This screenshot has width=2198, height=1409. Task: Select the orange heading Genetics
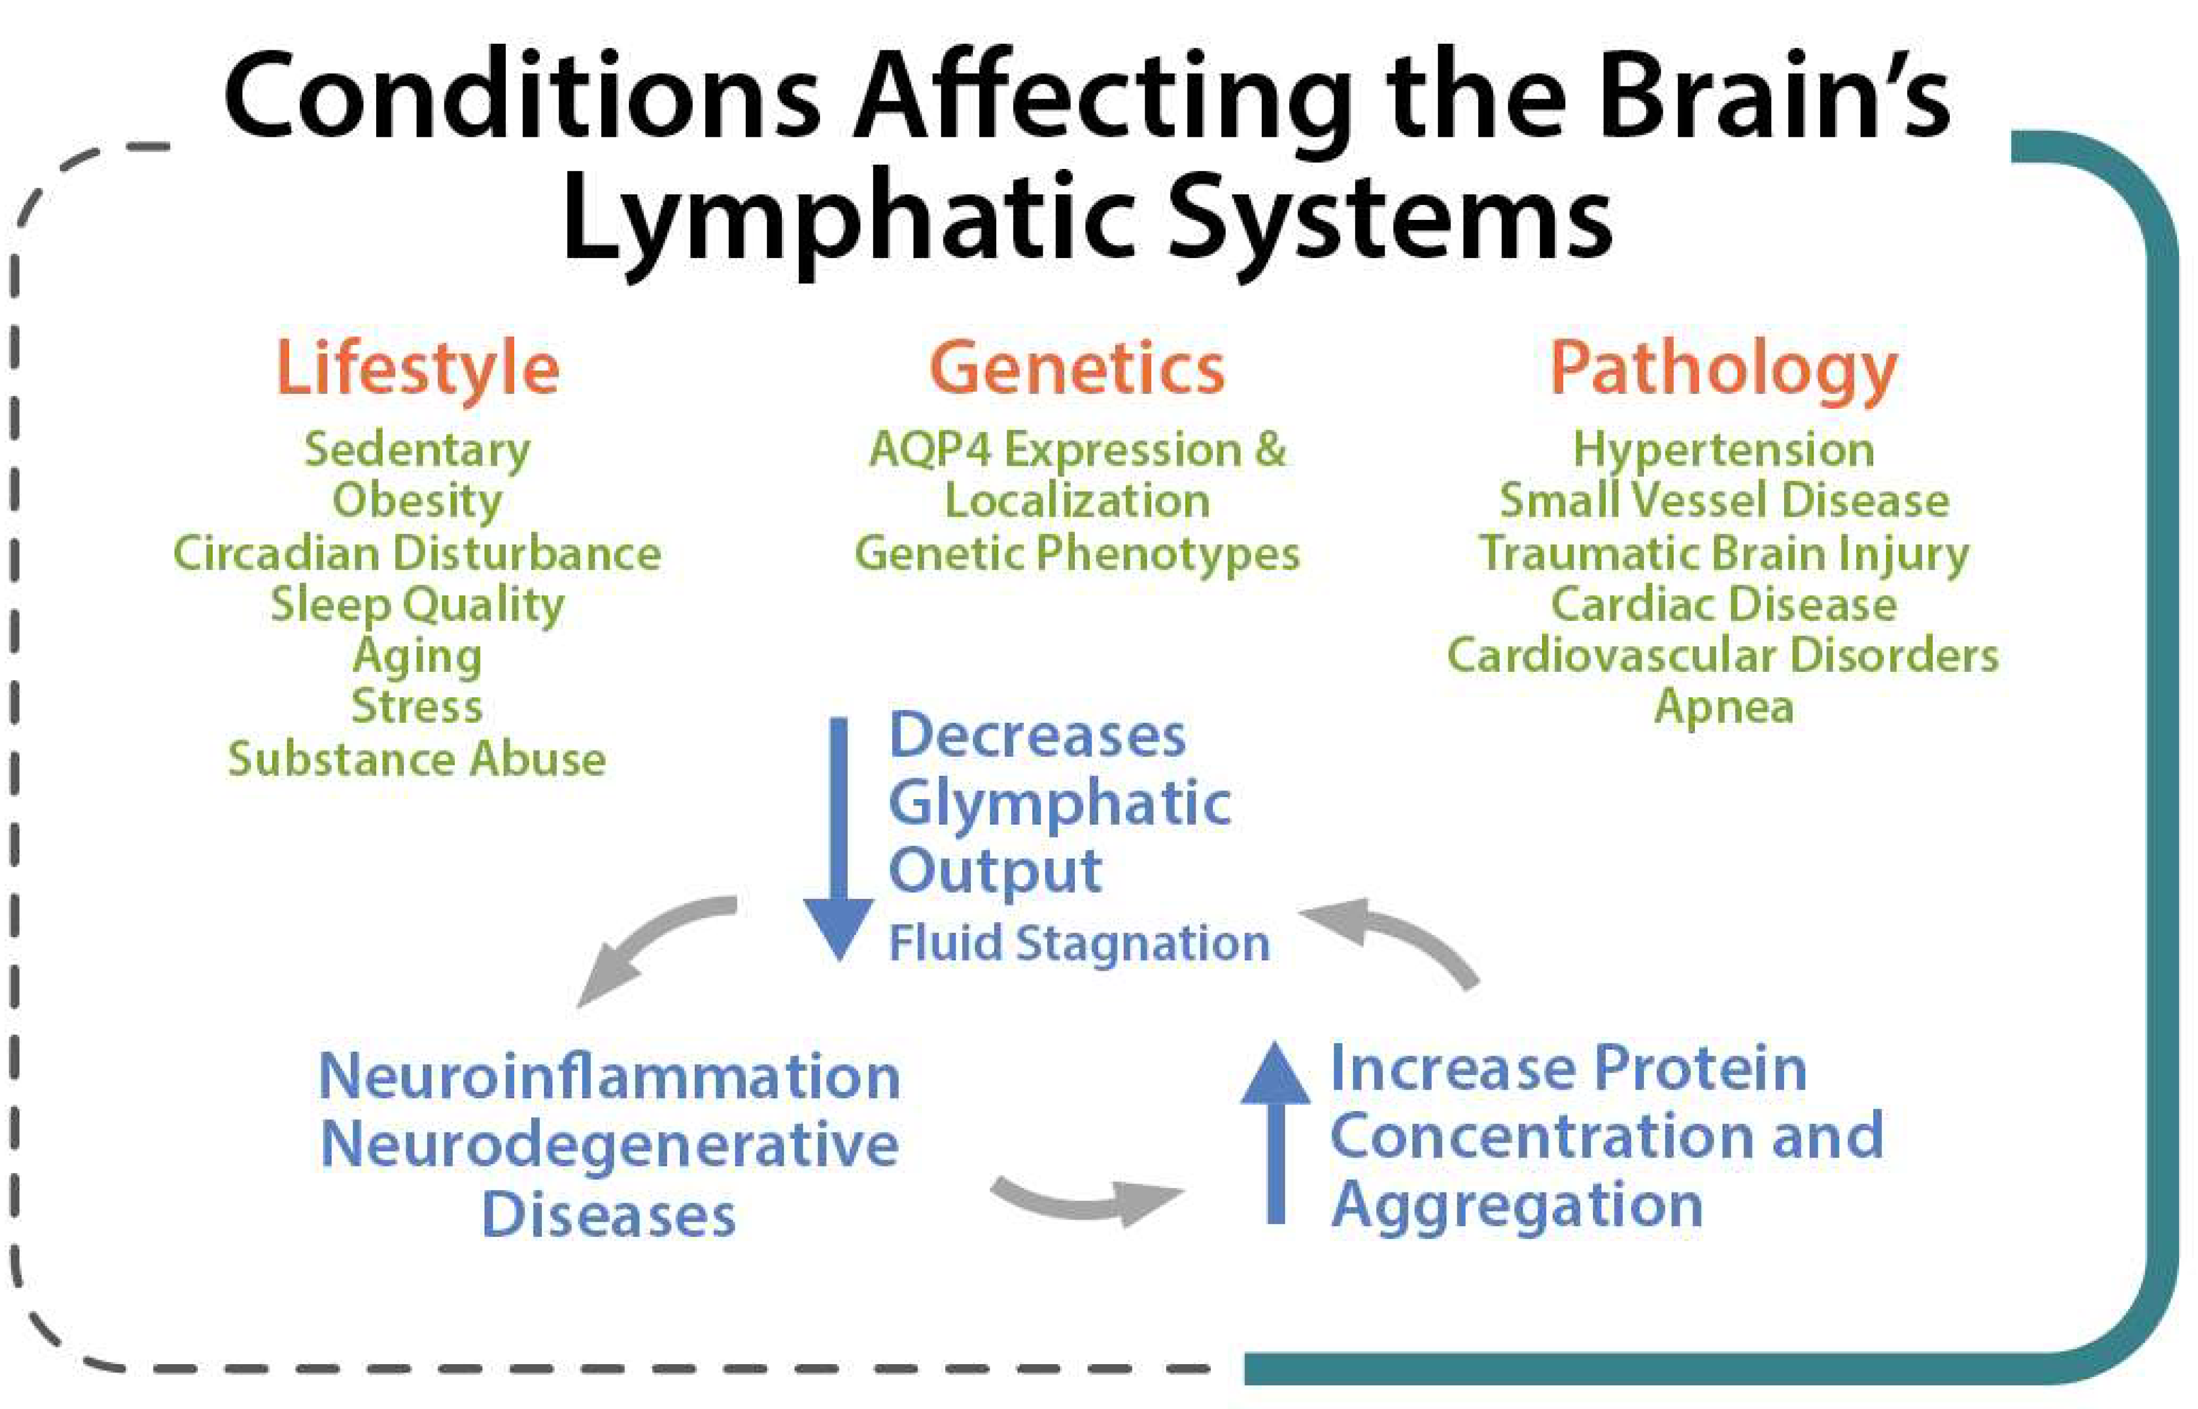pyautogui.click(x=1077, y=368)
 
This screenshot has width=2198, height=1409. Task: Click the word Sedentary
pyautogui.click(x=417, y=451)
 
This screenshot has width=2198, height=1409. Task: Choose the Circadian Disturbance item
pyautogui.click(x=417, y=553)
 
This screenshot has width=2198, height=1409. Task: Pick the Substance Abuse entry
pyautogui.click(x=417, y=759)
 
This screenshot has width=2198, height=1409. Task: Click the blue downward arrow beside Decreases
pyautogui.click(x=839, y=837)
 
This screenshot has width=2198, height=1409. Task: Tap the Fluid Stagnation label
pyautogui.click(x=1080, y=943)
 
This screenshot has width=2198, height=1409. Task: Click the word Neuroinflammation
pyautogui.click(x=609, y=1076)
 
